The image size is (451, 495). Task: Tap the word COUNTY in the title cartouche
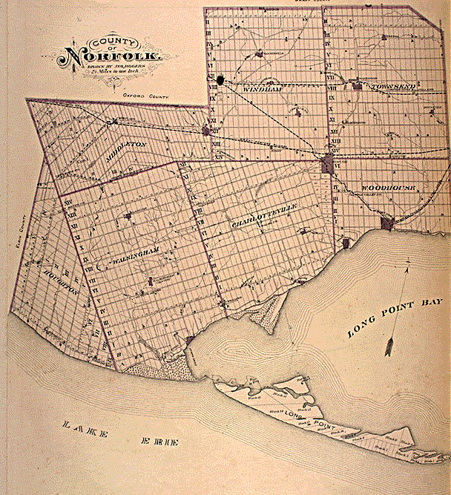[111, 41]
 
